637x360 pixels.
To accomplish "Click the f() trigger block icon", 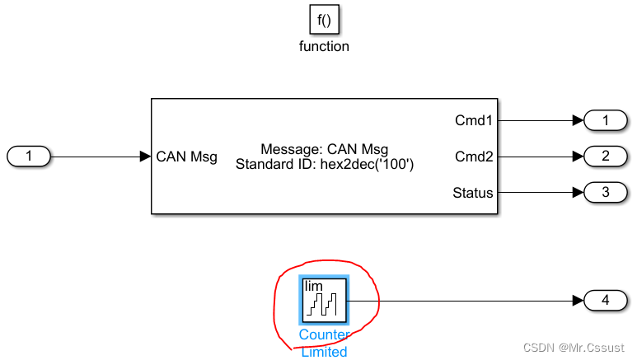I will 324,19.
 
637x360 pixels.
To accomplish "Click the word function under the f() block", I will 324,47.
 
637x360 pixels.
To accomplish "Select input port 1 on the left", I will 29,156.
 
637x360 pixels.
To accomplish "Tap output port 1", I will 606,120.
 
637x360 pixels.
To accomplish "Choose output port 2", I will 606,156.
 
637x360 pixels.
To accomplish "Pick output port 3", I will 606,193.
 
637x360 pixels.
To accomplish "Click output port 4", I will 606,301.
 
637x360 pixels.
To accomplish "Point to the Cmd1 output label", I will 474,120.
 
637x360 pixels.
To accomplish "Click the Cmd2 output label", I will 474,156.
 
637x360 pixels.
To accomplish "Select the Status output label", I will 473,193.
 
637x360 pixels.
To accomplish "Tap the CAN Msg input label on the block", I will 186,157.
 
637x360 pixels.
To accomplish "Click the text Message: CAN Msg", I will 324,149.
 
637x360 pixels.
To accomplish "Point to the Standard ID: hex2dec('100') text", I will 324,164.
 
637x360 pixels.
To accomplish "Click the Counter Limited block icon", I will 325,300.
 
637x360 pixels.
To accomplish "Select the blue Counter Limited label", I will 324,344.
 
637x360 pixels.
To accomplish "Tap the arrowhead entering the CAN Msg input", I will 145,156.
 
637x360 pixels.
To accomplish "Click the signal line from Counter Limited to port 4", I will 461,301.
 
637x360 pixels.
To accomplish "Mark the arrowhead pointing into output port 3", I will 577,193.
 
